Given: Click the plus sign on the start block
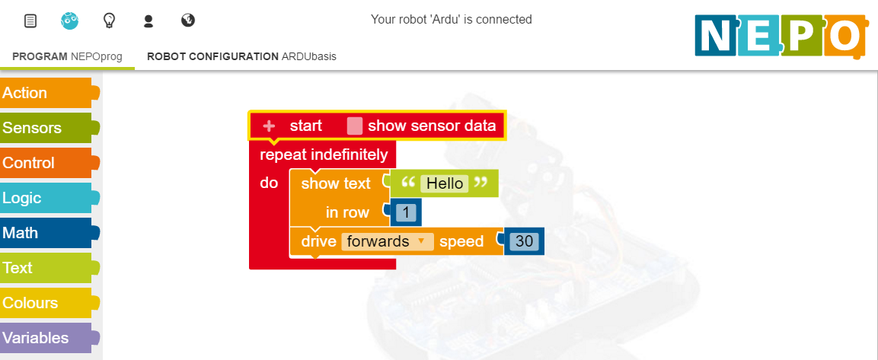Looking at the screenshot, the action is pos(269,126).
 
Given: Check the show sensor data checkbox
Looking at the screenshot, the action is pos(354,126).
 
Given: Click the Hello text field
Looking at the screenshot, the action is pos(445,183).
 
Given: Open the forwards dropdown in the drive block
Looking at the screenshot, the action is pos(388,241).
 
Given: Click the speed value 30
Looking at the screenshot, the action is pos(524,241).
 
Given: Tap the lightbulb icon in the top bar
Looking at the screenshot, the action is pos(109,21).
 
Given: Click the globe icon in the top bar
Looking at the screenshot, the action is pos(188,21).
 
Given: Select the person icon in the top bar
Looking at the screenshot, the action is pos(148,21).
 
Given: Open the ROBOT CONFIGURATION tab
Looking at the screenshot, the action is pos(241,56).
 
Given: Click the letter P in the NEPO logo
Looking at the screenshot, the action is pos(801,36).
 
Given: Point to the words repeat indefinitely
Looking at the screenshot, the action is pos(324,155).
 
